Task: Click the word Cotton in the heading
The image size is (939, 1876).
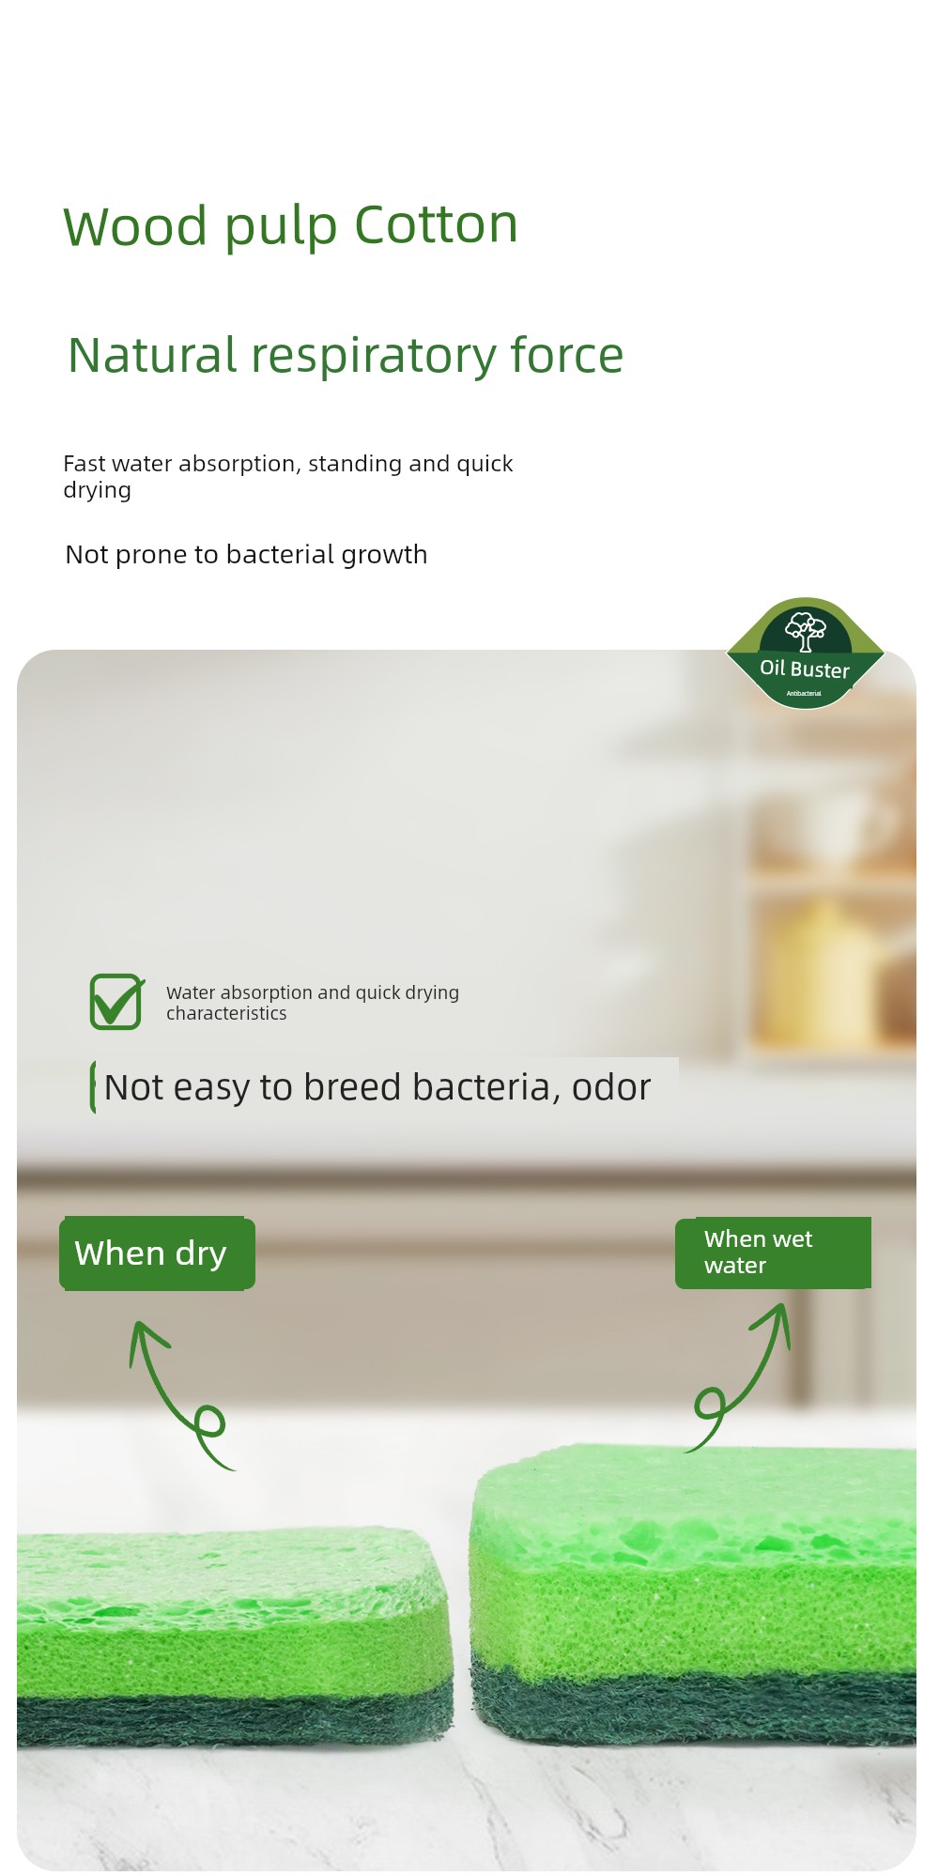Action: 437,225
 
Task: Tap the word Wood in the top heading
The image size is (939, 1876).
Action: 135,227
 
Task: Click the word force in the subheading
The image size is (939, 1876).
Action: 567,355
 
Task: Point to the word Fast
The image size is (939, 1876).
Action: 84,464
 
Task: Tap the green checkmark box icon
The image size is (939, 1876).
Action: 116,1002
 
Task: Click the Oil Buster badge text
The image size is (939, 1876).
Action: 805,669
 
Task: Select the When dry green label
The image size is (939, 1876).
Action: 157,1253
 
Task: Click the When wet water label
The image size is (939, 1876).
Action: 773,1253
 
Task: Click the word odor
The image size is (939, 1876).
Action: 611,1087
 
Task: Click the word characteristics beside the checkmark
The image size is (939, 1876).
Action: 226,1014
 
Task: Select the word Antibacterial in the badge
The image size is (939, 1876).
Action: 804,693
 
